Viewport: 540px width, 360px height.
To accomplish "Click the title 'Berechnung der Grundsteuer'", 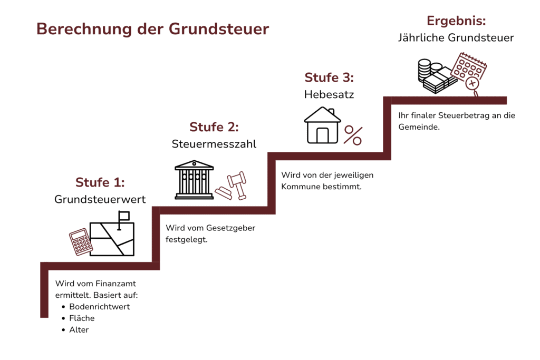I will [152, 28].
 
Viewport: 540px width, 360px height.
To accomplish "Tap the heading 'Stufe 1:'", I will [100, 182].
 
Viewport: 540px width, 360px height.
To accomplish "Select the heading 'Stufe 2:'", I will [214, 127].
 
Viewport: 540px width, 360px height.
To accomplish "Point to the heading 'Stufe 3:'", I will [329, 78].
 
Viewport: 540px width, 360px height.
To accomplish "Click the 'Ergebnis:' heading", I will [456, 21].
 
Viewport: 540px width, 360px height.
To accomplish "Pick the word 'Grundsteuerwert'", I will [100, 199].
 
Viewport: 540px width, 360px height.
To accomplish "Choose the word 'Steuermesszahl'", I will [214, 144].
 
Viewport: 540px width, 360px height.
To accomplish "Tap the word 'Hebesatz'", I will [329, 95].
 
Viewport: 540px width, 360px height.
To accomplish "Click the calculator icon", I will [81, 242].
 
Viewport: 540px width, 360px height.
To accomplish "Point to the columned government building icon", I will [195, 180].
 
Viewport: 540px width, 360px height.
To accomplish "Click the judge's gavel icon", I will [235, 186].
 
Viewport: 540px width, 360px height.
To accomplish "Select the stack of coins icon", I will [425, 70].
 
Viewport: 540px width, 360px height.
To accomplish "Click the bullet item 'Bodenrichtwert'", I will [99, 306].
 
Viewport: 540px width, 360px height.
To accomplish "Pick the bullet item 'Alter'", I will [79, 329].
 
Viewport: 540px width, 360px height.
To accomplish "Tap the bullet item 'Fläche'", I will [82, 318].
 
